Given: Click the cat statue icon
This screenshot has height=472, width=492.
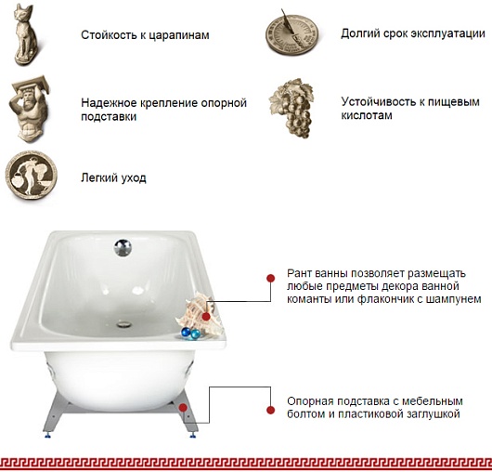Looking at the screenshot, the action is [x=27, y=34].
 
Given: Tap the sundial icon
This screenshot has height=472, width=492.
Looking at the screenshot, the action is [x=291, y=33].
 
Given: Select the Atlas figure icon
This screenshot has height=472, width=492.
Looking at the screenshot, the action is [x=30, y=109].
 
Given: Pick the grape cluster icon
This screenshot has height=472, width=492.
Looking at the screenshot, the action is [x=291, y=109].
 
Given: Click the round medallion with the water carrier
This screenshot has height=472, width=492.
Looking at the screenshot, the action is [x=31, y=175].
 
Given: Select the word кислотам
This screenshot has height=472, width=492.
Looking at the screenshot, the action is [x=367, y=115].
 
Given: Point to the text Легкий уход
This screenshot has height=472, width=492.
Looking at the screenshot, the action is [x=113, y=177].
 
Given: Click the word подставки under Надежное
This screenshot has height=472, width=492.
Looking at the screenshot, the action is [x=109, y=117].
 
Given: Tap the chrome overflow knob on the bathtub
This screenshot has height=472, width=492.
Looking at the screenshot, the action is [x=123, y=248].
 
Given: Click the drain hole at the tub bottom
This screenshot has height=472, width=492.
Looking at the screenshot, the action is [x=124, y=323].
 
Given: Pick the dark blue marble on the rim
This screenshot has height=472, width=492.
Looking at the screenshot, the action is [x=186, y=333].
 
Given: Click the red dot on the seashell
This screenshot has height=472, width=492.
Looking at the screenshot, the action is [x=206, y=317].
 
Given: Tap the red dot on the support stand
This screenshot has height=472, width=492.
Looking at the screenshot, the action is [x=183, y=408].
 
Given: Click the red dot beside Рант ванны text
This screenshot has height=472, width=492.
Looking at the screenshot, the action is [x=270, y=278].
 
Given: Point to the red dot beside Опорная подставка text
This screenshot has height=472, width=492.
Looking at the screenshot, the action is [x=270, y=410].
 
